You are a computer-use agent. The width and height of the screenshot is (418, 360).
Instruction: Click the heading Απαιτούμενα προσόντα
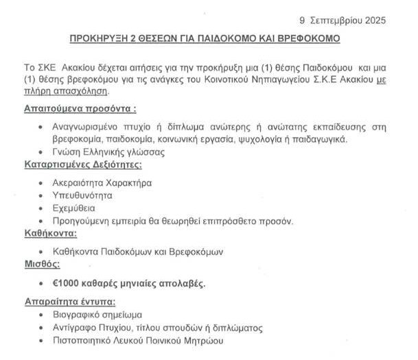click(80, 108)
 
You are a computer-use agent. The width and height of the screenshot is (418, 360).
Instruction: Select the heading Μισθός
click(43, 264)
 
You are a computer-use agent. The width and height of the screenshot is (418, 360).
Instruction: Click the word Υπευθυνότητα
click(82, 195)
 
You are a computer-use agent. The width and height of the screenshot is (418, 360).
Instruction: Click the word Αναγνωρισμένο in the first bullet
click(86, 127)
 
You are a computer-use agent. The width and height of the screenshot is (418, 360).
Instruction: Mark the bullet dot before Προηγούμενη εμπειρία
click(42, 221)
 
